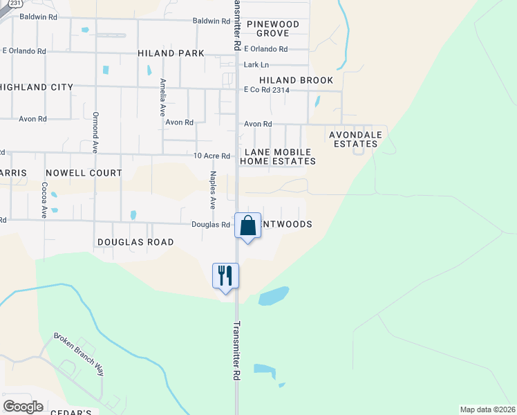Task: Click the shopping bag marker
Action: pos(248,225)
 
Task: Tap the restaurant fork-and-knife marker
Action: pos(225,275)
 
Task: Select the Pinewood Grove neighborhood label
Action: pos(278,28)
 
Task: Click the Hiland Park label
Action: pos(171,53)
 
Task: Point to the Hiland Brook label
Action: pos(297,80)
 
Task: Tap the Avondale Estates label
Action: pos(353,139)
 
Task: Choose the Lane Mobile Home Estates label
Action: pos(278,156)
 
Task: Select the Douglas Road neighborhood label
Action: pos(135,242)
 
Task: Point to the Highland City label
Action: pos(37,87)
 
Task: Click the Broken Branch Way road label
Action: pos(79,356)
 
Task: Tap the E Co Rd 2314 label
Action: pos(265,91)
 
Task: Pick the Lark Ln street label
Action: pos(256,65)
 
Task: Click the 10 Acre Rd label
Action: pos(211,156)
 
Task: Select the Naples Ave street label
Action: pos(214,190)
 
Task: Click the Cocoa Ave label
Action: pos(44,200)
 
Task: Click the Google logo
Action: pos(23,406)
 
